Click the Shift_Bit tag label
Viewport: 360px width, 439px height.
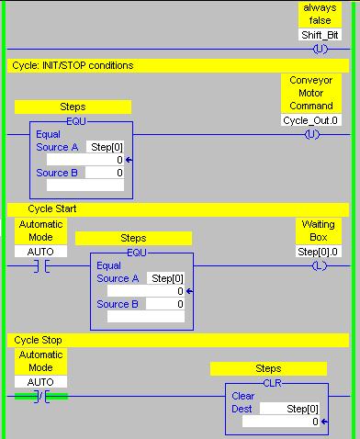[320, 35]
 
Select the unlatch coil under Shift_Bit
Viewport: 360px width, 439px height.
[320, 49]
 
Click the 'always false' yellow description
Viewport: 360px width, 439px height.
[320, 14]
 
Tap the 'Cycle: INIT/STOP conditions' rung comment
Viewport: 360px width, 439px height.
[73, 66]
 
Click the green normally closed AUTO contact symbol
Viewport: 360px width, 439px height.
[41, 396]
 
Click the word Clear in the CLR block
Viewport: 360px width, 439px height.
[242, 396]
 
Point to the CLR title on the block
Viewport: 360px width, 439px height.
[273, 382]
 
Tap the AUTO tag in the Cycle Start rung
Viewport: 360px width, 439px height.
[40, 252]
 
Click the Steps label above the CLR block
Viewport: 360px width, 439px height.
[268, 368]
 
